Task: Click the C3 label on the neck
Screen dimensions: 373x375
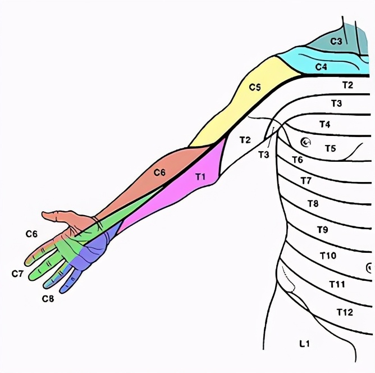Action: click(336, 41)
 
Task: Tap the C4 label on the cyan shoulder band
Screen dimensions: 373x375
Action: click(321, 67)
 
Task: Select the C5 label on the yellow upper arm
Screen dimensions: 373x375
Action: click(255, 87)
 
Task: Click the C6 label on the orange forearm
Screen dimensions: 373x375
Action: click(159, 173)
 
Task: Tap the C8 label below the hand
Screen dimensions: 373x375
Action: click(48, 299)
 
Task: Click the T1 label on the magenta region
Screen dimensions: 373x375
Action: click(200, 177)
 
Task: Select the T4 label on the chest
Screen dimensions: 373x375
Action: click(324, 124)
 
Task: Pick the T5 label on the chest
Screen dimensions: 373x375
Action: click(330, 148)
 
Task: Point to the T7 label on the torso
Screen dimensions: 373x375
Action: click(305, 180)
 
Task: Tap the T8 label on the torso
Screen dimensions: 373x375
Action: click(313, 203)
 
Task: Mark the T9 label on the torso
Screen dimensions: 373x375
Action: click(322, 230)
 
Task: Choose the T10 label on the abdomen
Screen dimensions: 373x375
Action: click(328, 256)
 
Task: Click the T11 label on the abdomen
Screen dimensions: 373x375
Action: click(337, 284)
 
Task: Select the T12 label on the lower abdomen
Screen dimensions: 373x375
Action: click(344, 312)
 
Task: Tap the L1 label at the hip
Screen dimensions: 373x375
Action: click(304, 343)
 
